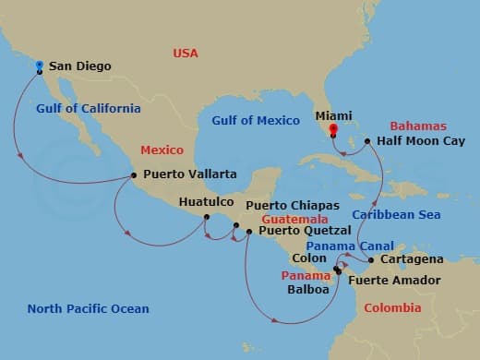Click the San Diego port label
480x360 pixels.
[x=79, y=66]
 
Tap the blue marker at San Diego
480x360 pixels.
[x=40, y=65]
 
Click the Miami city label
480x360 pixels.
[x=333, y=116]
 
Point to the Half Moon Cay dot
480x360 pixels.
[x=367, y=141]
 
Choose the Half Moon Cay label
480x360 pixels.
[x=415, y=142]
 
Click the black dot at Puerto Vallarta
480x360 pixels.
[x=134, y=174]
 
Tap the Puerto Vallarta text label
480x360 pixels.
[x=190, y=174]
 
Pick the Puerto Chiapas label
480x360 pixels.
[x=293, y=205]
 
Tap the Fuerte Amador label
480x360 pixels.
[x=393, y=280]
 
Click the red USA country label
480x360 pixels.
[x=186, y=54]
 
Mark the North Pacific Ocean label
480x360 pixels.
[x=88, y=308]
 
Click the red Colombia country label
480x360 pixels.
[x=393, y=308]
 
